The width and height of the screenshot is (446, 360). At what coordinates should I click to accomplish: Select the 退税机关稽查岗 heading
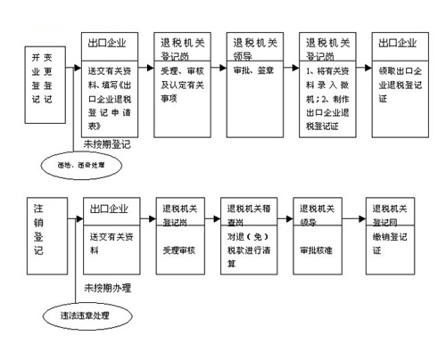(x=251, y=214)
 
